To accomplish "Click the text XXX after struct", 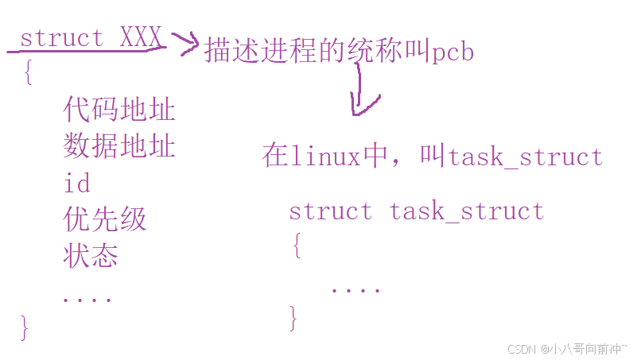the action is click(141, 37).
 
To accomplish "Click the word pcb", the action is click(454, 52).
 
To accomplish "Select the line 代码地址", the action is click(119, 110).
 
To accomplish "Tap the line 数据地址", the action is click(119, 146).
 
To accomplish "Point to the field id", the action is click(76, 184).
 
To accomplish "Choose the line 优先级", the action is click(105, 219).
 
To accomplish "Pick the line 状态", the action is click(91, 256).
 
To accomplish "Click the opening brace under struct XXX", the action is click(28, 74).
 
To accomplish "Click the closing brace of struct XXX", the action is click(25, 327).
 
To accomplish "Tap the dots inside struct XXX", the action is click(87, 300).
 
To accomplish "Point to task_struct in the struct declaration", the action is click(467, 211).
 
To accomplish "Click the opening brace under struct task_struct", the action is click(297, 247).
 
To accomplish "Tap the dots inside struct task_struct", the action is click(355, 290).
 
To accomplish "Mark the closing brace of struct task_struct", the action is click(293, 318).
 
